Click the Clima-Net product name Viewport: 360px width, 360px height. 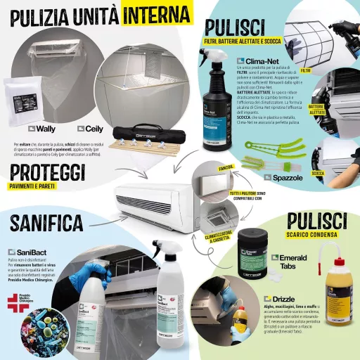click(258, 62)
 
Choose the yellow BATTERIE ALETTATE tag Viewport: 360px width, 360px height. click(317, 110)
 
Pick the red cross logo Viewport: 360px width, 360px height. click(13, 304)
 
